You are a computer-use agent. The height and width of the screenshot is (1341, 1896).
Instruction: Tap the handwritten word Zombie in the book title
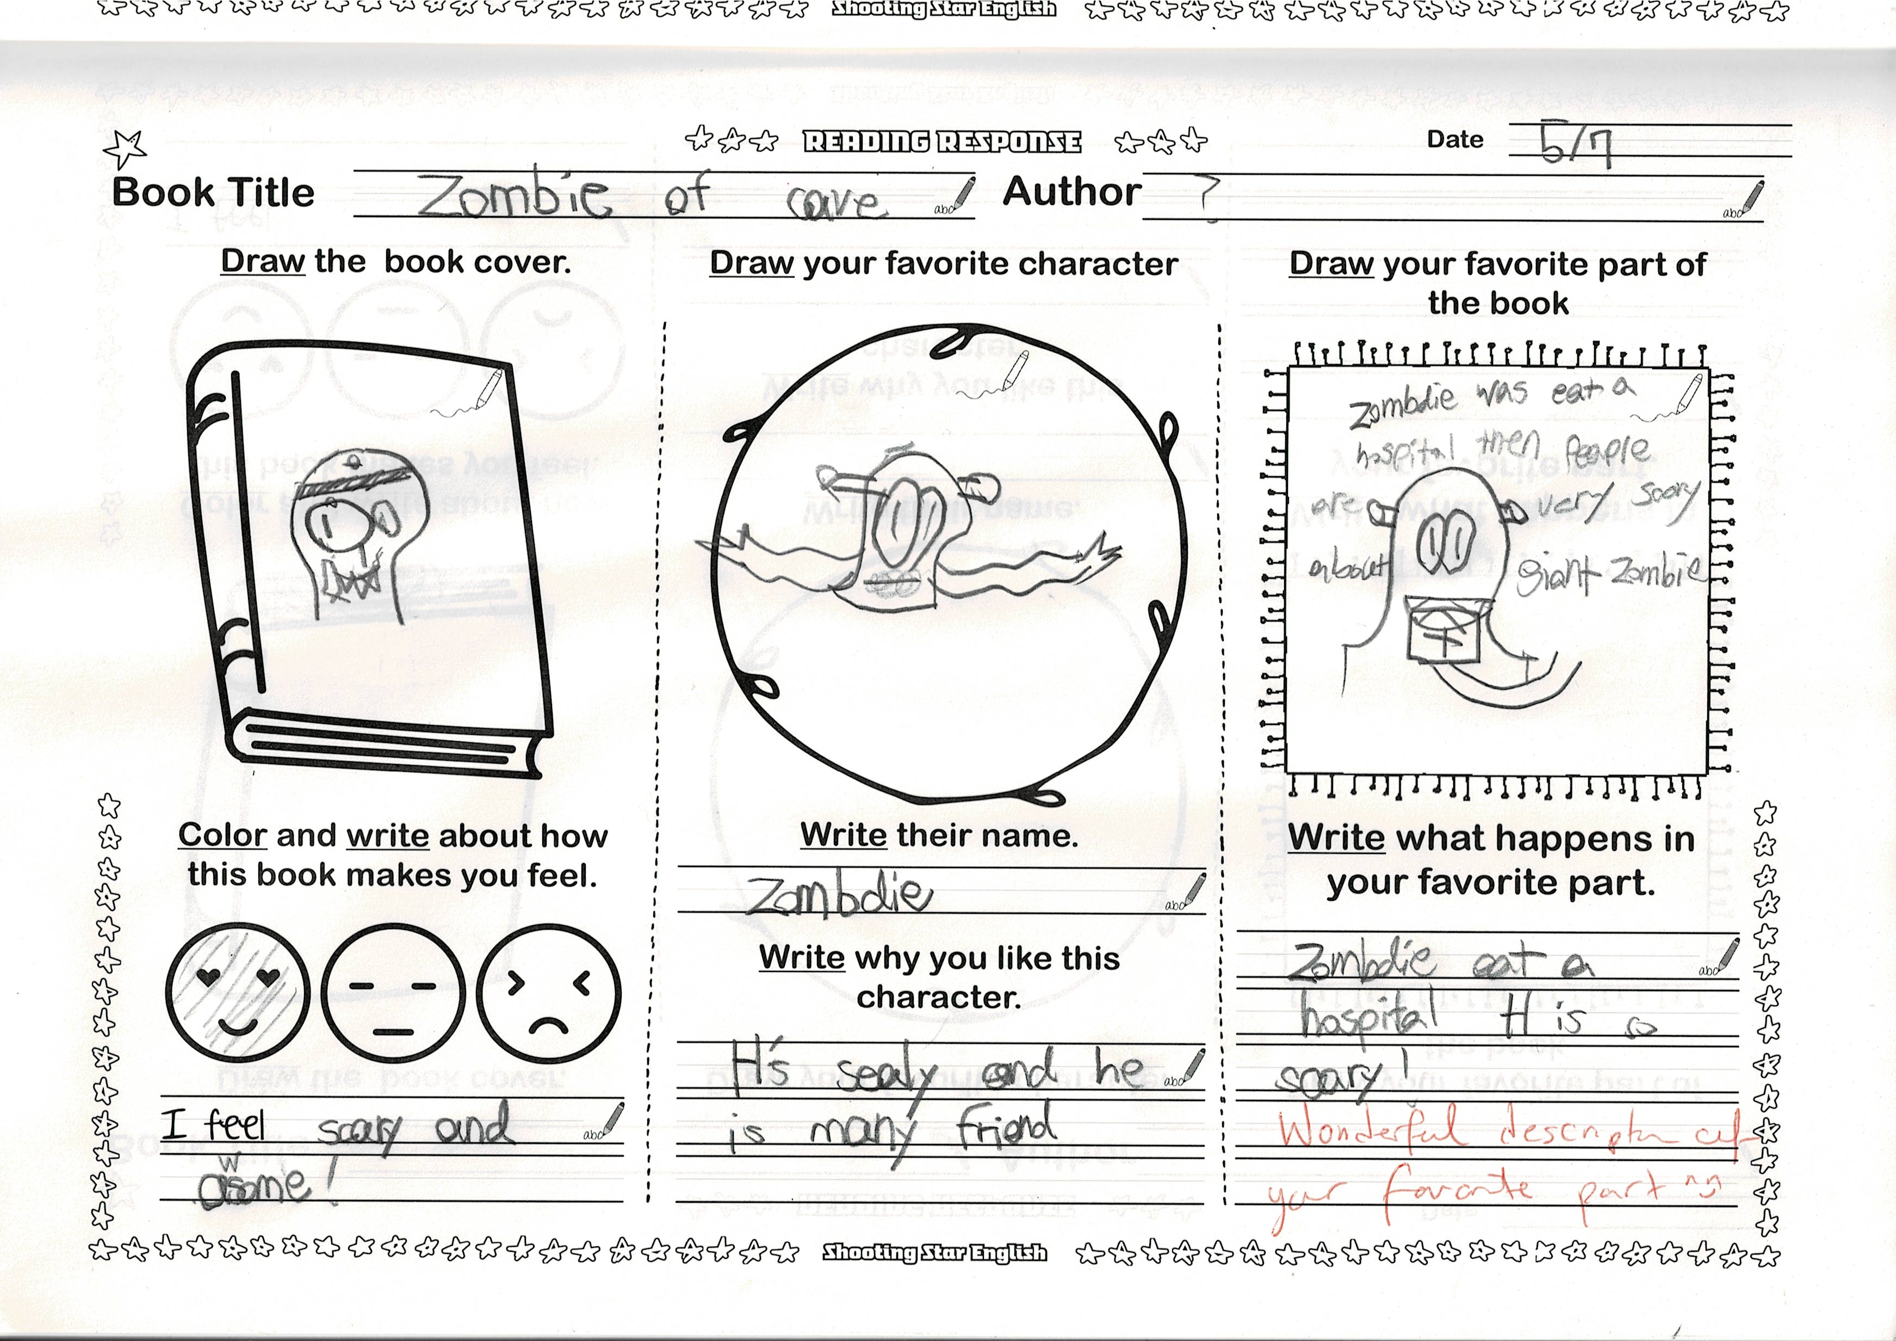[x=513, y=196]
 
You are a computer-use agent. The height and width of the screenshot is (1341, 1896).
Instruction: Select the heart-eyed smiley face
[x=237, y=993]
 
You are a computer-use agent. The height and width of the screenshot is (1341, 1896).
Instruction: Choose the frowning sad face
[x=548, y=994]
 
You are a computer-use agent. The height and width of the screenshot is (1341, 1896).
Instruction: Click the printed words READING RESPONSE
[x=942, y=142]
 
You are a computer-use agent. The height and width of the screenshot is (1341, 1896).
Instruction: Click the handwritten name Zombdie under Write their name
[x=838, y=895]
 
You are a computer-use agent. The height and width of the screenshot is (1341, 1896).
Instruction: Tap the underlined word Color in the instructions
[x=222, y=835]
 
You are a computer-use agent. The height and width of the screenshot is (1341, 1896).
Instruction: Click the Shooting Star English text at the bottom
[x=934, y=1253]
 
